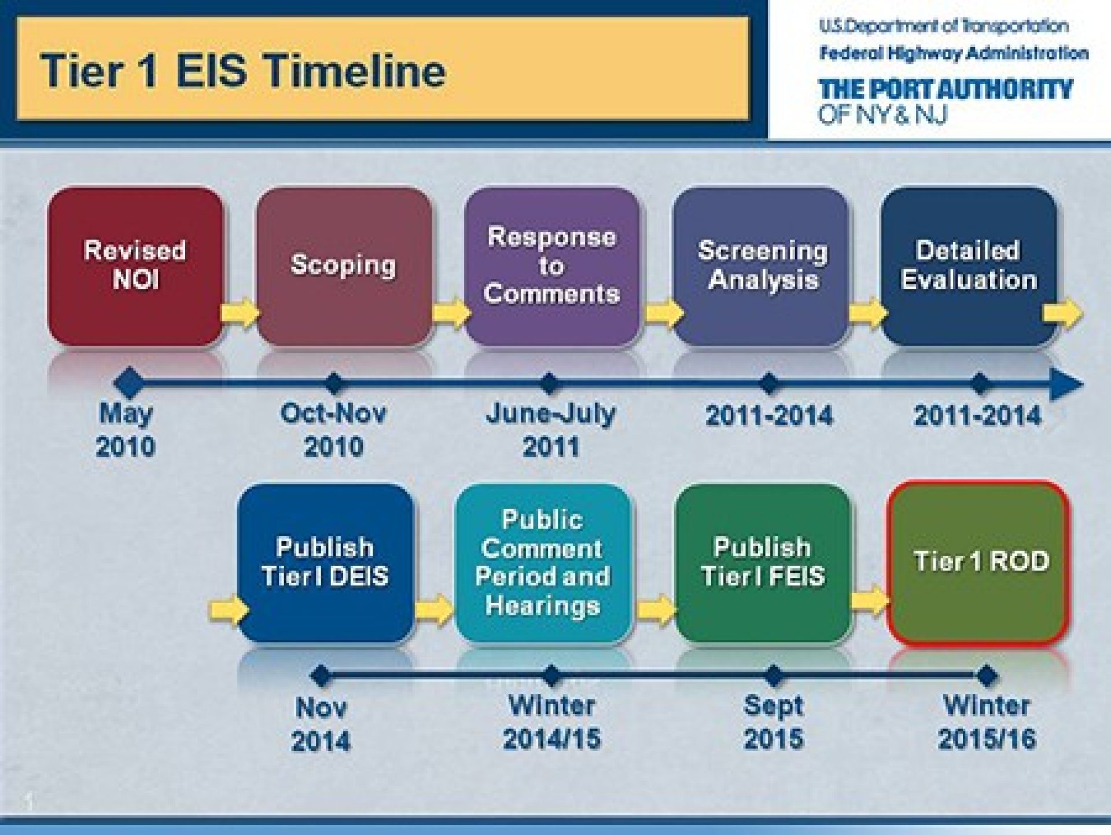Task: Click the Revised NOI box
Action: (x=135, y=267)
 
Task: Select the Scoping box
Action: (x=344, y=267)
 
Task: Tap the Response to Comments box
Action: (x=552, y=267)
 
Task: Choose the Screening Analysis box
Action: (x=761, y=267)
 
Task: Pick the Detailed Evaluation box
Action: (x=969, y=267)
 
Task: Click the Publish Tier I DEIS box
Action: (x=326, y=563)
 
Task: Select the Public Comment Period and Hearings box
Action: (x=543, y=563)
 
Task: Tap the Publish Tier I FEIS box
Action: (x=763, y=563)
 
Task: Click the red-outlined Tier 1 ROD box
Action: (x=978, y=563)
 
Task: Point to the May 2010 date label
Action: (x=126, y=430)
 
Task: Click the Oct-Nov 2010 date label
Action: (x=333, y=430)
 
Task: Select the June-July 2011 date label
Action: (x=551, y=430)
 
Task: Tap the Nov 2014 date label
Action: (x=321, y=724)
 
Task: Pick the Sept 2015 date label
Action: (x=774, y=722)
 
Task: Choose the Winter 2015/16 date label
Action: (x=987, y=722)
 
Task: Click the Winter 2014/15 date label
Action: (x=551, y=722)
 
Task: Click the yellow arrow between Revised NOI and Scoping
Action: (x=240, y=313)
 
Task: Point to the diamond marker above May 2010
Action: (x=129, y=382)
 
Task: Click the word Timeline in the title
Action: (x=356, y=71)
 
